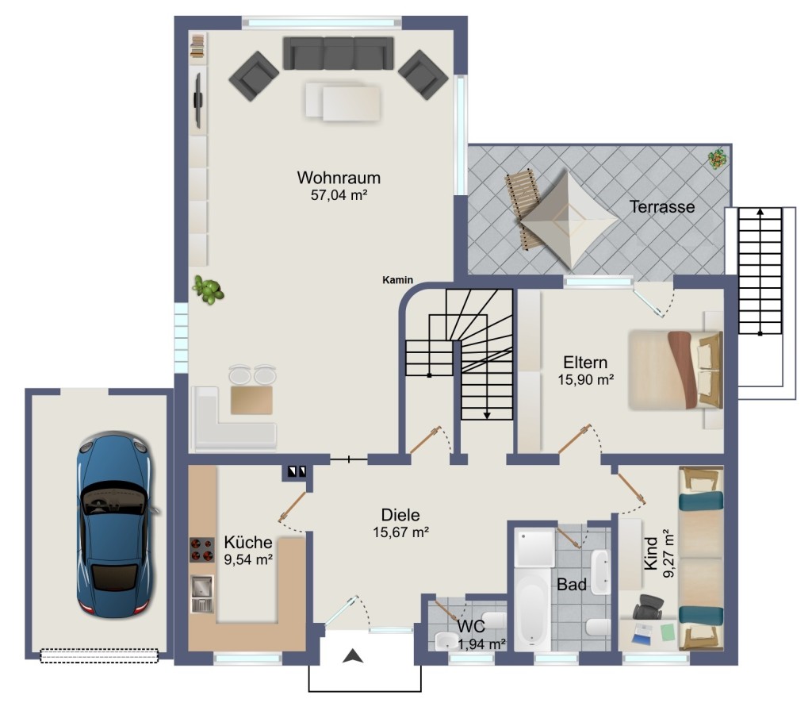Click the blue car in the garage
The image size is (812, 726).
[116, 524]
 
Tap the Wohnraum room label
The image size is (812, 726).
[339, 178]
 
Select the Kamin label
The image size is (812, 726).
[398, 280]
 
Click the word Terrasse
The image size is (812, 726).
[662, 207]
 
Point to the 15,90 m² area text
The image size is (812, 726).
[586, 379]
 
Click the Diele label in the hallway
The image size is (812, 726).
[400, 515]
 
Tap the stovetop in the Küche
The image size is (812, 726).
[202, 550]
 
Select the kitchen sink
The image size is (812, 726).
[202, 593]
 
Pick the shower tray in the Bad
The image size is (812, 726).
[535, 547]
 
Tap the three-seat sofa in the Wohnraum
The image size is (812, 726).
[338, 53]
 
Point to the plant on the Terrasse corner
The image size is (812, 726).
[717, 159]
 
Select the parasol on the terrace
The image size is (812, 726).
[569, 218]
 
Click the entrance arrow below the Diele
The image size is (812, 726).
[353, 656]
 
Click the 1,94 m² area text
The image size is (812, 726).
[481, 644]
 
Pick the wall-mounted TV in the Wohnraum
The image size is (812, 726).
[197, 100]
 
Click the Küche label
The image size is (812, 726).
[248, 542]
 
